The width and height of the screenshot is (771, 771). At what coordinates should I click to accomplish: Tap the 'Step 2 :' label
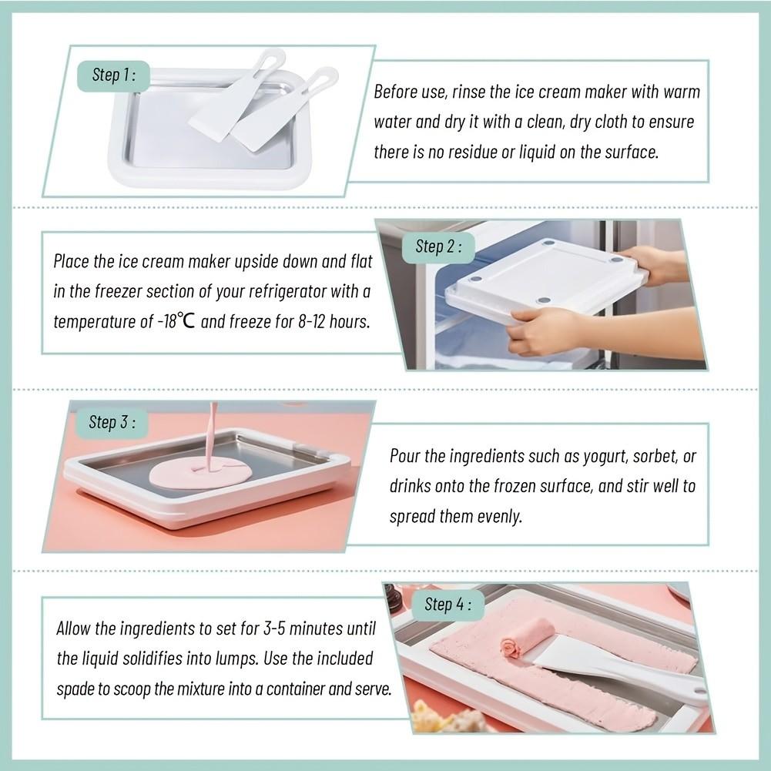click(438, 246)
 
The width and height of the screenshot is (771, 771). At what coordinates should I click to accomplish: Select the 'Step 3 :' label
click(112, 422)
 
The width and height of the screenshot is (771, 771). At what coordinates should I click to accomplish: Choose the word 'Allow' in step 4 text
click(74, 629)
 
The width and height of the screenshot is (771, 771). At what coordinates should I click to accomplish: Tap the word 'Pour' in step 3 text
click(405, 457)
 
